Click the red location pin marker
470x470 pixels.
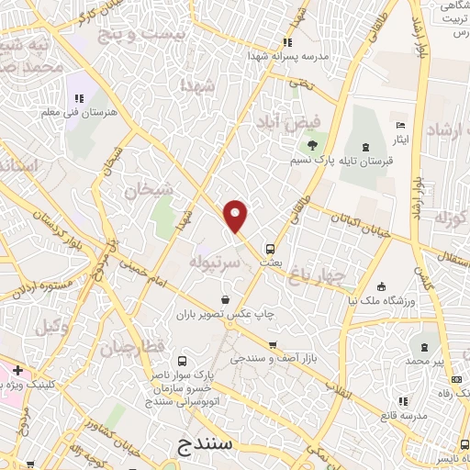click(x=236, y=217)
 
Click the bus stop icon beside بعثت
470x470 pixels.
click(x=270, y=248)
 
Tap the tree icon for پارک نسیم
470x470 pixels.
click(x=312, y=144)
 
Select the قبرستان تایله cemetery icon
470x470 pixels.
click(x=366, y=148)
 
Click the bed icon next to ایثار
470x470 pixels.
click(x=400, y=125)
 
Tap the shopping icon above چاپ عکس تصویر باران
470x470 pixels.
click(x=226, y=298)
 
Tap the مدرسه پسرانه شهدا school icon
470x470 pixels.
click(x=288, y=42)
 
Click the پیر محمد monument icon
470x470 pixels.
click(x=423, y=347)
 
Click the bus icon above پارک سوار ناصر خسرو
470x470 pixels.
click(x=182, y=361)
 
